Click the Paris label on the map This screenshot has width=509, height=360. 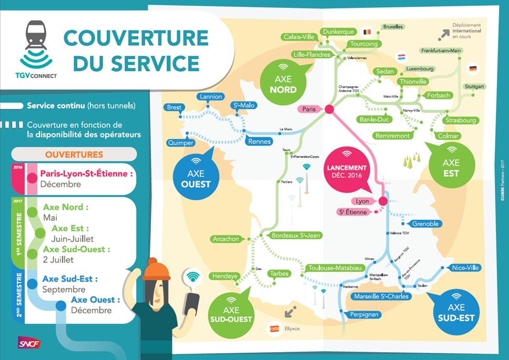pos(309,109)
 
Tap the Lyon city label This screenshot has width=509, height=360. pos(362,201)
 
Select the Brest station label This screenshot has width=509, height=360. pos(174,108)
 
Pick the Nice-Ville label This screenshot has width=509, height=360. pos(465,268)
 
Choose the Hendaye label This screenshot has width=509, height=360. pos(225,276)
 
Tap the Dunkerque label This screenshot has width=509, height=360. pos(338,32)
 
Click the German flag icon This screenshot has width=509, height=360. pos(472,69)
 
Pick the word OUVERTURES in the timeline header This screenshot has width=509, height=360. pos(74,155)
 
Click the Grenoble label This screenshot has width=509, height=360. pos(425,224)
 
